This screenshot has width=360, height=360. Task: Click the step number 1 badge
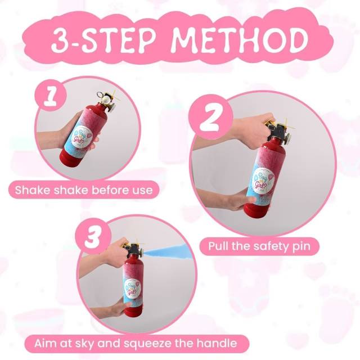pos(51,94)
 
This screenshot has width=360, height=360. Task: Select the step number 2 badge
pos(210,117)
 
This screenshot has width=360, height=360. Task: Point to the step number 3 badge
pos(93,236)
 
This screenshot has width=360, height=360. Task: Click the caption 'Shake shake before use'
pos(84,190)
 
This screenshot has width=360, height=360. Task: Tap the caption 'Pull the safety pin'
pos(259,246)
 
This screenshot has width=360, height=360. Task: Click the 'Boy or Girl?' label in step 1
pos(81,136)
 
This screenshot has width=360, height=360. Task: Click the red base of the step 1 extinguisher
pos(69,159)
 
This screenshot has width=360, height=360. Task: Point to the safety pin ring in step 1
pos(100,94)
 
